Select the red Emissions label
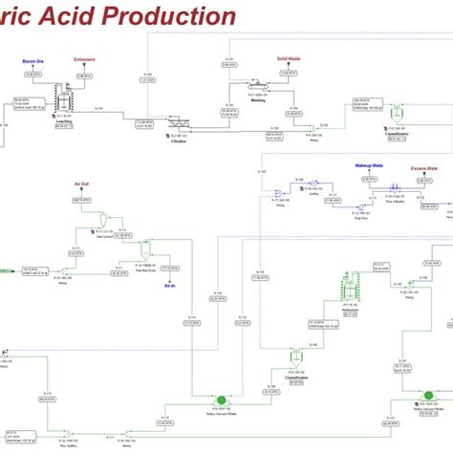click(84, 59)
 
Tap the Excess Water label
click(423, 169)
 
